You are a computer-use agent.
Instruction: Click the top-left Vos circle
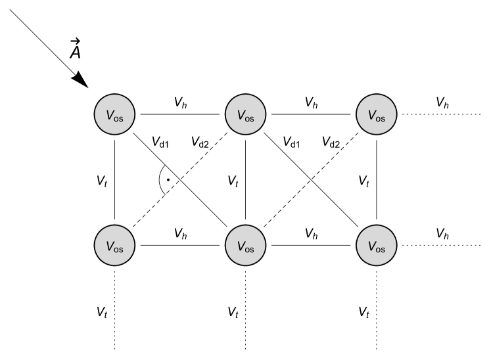pyautogui.click(x=114, y=114)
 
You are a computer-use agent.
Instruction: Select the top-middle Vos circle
pyautogui.click(x=245, y=114)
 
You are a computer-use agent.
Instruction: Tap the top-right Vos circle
pyautogui.click(x=376, y=114)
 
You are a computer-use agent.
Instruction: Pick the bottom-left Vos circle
pyautogui.click(x=114, y=246)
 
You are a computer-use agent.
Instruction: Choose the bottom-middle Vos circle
pyautogui.click(x=245, y=246)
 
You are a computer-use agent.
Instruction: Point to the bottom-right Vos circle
pyautogui.click(x=376, y=246)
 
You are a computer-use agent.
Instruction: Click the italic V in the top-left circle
pyautogui.click(x=110, y=114)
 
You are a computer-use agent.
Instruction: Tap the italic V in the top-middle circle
pyautogui.click(x=241, y=114)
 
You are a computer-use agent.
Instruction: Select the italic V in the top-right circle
pyautogui.click(x=371, y=114)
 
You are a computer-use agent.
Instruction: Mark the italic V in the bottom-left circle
pyautogui.click(x=110, y=246)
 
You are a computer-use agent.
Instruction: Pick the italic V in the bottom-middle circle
pyautogui.click(x=241, y=246)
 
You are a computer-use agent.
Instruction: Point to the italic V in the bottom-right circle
pyautogui.click(x=371, y=246)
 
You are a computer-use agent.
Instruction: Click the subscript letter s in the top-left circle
pyautogui.click(x=121, y=118)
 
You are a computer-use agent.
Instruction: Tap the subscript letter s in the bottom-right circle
pyautogui.click(x=383, y=249)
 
